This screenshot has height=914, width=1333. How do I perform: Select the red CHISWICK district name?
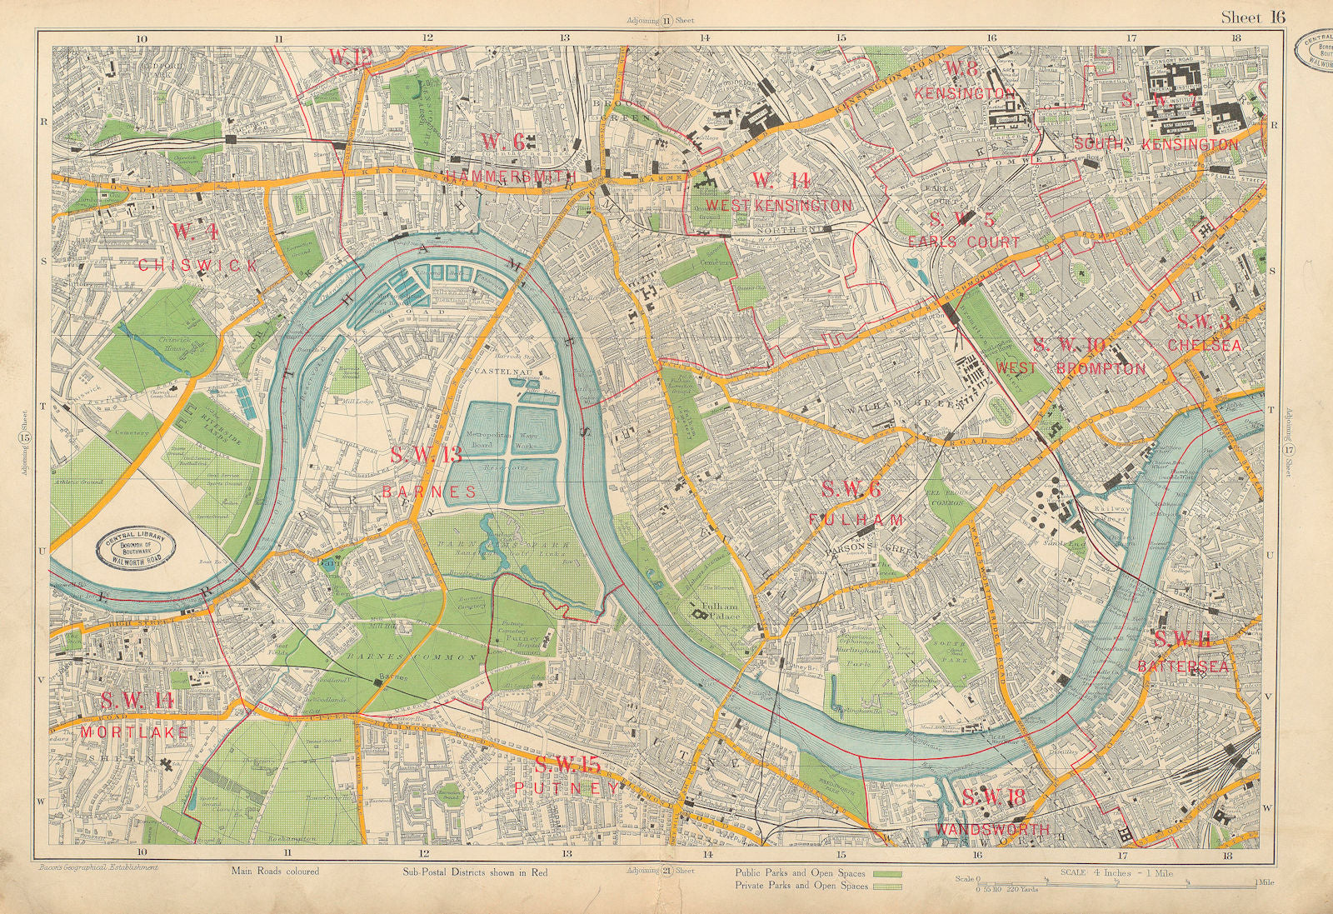click(x=198, y=265)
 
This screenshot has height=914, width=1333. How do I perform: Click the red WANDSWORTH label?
click(x=991, y=830)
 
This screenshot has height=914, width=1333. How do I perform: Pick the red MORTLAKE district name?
click(x=134, y=732)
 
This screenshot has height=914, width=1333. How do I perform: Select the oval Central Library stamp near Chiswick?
click(x=139, y=548)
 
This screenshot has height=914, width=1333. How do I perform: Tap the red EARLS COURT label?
click(x=964, y=242)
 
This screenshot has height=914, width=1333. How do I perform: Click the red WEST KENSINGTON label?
click(x=778, y=205)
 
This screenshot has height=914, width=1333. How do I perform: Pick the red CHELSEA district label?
click(x=1205, y=344)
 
